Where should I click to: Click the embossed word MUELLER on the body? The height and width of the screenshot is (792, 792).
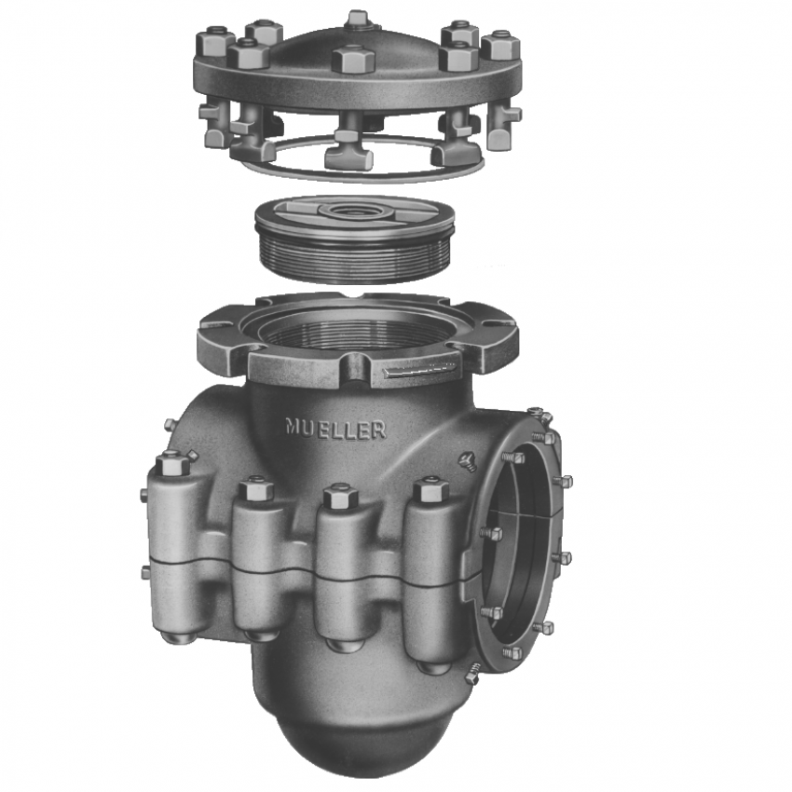(335, 428)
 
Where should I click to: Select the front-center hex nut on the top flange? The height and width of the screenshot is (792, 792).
(353, 60)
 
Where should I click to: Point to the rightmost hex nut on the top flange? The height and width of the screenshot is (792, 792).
(499, 44)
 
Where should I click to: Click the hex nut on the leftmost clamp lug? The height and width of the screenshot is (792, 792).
(172, 463)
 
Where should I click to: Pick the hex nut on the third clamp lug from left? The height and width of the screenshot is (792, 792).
(340, 496)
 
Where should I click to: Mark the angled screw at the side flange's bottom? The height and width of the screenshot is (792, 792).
(472, 674)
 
